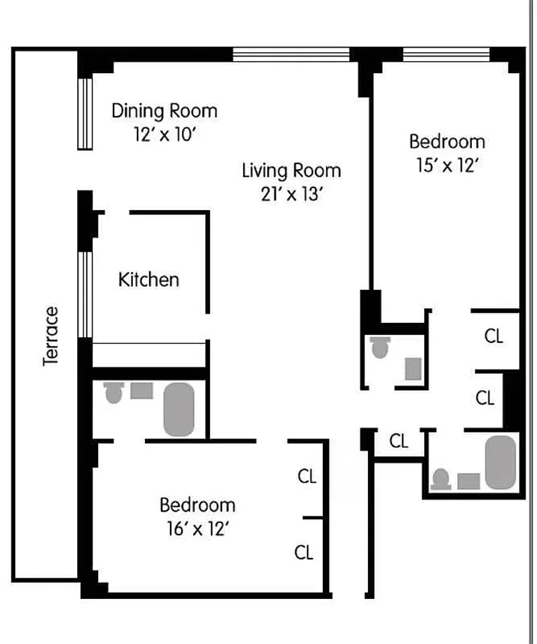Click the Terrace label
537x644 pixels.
(50, 336)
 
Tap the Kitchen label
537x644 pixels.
(148, 280)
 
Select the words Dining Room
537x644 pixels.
(164, 111)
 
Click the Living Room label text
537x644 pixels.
(291, 171)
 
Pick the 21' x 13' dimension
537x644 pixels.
(291, 194)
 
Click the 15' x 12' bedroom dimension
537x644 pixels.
(448, 165)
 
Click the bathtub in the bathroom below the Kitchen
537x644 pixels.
(179, 409)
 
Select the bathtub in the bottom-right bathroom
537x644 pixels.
(501, 463)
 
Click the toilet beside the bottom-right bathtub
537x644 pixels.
(441, 479)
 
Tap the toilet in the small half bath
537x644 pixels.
(380, 347)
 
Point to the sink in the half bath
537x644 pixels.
(413, 369)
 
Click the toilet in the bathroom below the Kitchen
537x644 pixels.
(113, 393)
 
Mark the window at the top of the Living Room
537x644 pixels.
(291, 54)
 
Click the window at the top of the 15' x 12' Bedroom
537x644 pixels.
(446, 54)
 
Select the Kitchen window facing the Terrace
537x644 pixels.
(85, 295)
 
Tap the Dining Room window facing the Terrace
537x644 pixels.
(85, 113)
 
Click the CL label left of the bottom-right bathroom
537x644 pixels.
(399, 441)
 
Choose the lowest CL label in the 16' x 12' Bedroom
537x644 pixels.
(304, 553)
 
